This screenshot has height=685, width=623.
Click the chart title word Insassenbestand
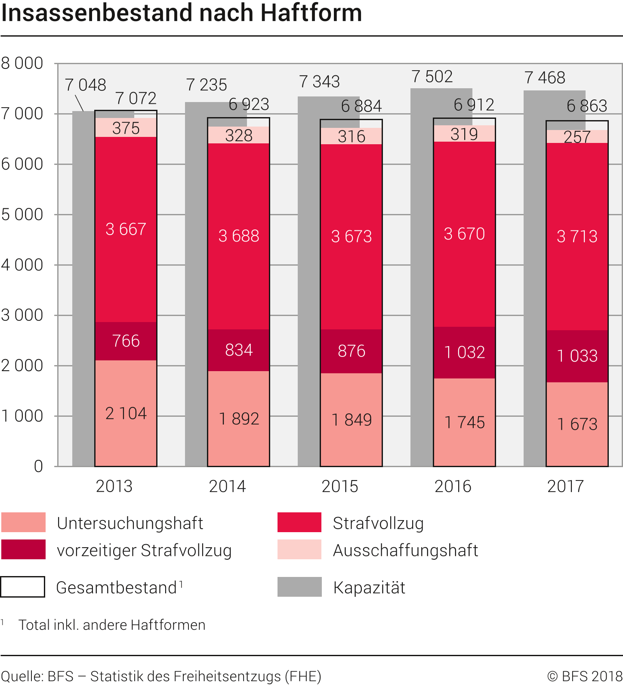click(x=98, y=13)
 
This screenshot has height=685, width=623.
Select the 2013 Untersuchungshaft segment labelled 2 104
click(x=126, y=413)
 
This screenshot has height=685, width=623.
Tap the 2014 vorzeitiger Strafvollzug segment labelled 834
click(x=239, y=350)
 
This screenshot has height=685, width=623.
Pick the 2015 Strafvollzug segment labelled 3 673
click(x=351, y=236)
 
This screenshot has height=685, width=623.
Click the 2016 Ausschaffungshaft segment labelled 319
click(x=464, y=134)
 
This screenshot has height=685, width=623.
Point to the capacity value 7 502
click(x=432, y=77)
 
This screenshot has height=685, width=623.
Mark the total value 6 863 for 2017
click(x=587, y=105)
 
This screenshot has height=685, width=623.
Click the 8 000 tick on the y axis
click(x=22, y=63)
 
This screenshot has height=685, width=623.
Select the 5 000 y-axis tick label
click(x=22, y=214)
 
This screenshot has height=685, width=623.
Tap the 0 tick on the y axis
click(x=38, y=466)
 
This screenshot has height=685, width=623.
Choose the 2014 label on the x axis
click(x=227, y=487)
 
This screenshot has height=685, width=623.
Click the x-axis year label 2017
click(x=565, y=487)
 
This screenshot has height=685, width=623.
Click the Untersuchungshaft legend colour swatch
click(x=23, y=522)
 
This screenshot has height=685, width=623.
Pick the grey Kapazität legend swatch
click(x=299, y=587)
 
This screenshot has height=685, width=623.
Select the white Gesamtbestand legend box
click(x=23, y=587)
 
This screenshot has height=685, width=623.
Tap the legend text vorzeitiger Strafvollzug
click(x=144, y=551)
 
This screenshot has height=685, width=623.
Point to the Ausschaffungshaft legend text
click(x=405, y=551)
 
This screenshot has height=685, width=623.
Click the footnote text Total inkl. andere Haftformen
click(x=112, y=625)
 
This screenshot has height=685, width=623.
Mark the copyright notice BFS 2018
click(x=585, y=676)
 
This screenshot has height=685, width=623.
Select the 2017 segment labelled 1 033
click(x=577, y=356)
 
